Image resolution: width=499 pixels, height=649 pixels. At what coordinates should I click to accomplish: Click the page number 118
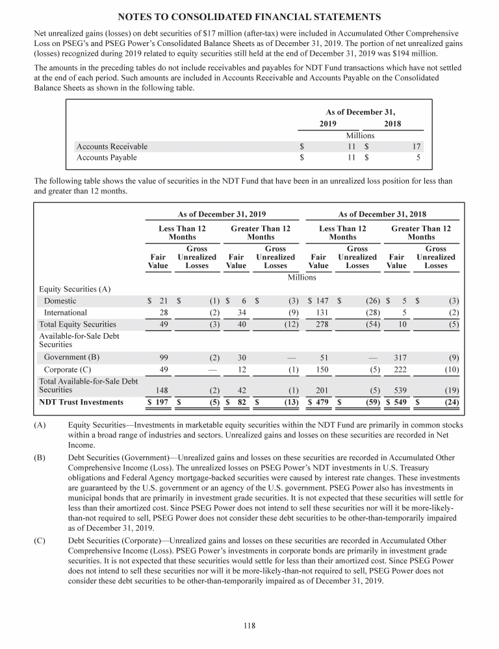coord(249,626)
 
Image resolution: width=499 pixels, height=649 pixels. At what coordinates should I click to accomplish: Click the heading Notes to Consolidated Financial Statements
coord(249,16)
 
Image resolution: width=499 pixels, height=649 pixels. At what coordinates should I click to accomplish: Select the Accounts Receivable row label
coord(112,147)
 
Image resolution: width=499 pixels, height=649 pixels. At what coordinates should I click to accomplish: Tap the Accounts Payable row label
coord(107,157)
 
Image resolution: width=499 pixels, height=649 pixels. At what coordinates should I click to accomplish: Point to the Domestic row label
coord(60,300)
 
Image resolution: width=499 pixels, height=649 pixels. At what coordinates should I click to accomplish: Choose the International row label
coord(65,312)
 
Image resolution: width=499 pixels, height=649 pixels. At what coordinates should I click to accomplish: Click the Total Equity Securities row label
coord(77,324)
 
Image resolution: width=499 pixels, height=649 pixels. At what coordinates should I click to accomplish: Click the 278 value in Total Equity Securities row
coord(321,324)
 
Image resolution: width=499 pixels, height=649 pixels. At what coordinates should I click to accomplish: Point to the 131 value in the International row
coord(321,312)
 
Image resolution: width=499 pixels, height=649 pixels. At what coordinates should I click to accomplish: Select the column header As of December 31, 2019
coord(222,214)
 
